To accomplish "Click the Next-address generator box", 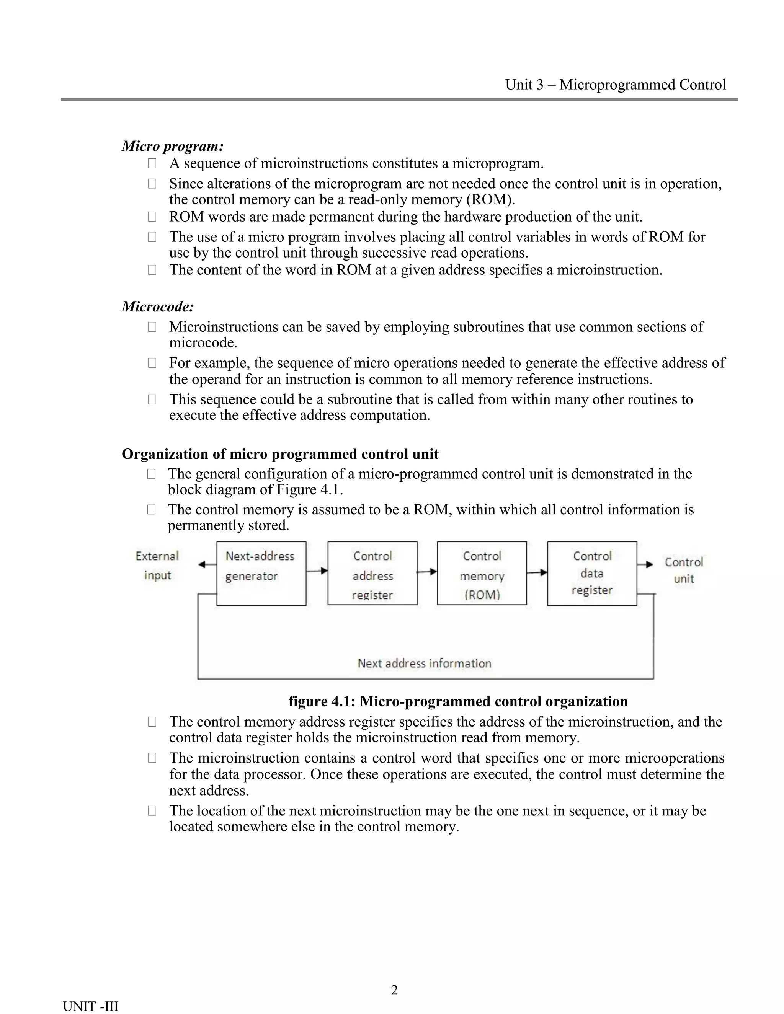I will tap(261, 574).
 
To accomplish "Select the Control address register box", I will tap(372, 574).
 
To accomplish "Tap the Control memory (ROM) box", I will tap(482, 574).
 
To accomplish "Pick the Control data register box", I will tap(592, 574).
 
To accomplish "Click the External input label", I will tap(157, 566).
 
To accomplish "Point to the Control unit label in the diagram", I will tap(684, 570).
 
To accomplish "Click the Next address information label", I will tap(424, 664).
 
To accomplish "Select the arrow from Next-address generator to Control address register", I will tap(317, 571).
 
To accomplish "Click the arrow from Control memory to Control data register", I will tap(537, 572).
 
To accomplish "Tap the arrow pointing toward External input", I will tap(207, 564).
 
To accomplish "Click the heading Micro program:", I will tap(173, 146).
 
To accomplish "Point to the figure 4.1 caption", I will tap(458, 701).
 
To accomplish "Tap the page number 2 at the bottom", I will tap(394, 990).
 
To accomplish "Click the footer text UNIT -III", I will tap(91, 1006).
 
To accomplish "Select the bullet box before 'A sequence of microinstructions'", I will tap(152, 163).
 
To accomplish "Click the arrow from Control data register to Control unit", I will tap(645, 564).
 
